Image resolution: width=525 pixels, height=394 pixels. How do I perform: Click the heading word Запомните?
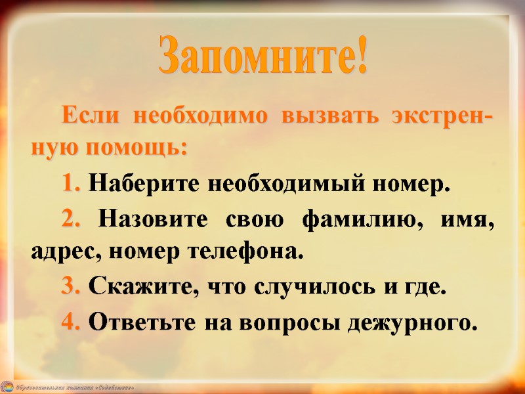(262, 58)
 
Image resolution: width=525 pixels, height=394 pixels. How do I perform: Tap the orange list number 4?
(72, 322)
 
